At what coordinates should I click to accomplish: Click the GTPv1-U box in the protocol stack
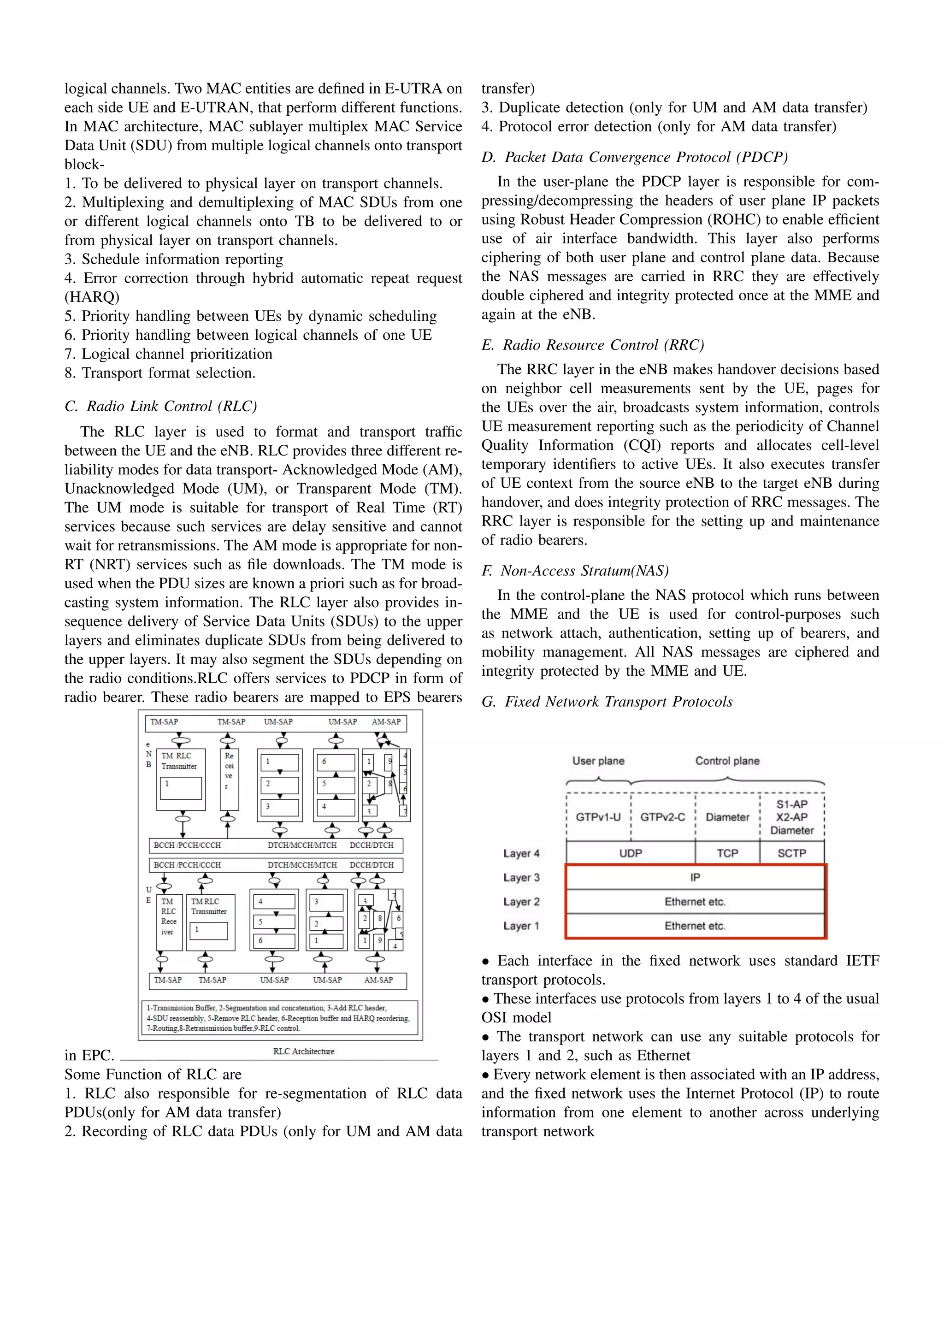coord(598,816)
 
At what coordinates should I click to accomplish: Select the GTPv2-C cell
coord(663,816)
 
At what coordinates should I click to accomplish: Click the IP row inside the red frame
coord(695,877)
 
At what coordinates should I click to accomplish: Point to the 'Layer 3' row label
coord(521,877)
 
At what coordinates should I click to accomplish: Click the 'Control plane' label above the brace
coord(727,761)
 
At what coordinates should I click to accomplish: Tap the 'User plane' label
coord(598,761)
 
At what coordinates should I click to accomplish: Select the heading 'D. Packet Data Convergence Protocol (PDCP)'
coord(635,157)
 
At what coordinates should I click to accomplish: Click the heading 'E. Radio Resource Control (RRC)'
coord(592,345)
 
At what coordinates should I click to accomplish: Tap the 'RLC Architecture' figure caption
coord(303,1051)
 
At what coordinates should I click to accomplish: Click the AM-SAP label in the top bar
coord(387,721)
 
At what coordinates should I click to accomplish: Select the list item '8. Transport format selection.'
coord(160,373)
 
